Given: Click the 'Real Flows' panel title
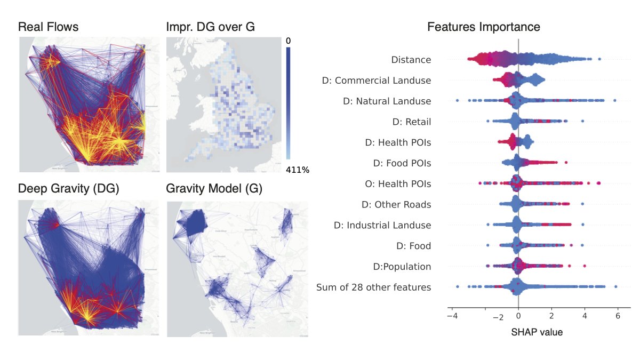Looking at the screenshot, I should (49, 27).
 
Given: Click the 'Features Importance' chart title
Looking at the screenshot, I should (484, 27).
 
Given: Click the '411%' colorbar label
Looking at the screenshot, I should (298, 170).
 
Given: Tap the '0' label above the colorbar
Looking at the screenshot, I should (288, 41).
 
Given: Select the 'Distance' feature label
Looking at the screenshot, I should (411, 60).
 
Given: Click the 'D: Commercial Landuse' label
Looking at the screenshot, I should (377, 81).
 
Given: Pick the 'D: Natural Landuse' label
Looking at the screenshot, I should (386, 101).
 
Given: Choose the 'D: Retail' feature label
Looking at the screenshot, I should (411, 122).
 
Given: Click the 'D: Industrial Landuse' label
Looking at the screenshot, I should (382, 225).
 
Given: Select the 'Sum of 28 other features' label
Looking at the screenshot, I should (373, 287).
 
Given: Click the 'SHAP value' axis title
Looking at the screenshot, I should (537, 332).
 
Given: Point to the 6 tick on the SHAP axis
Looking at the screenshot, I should (618, 316).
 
